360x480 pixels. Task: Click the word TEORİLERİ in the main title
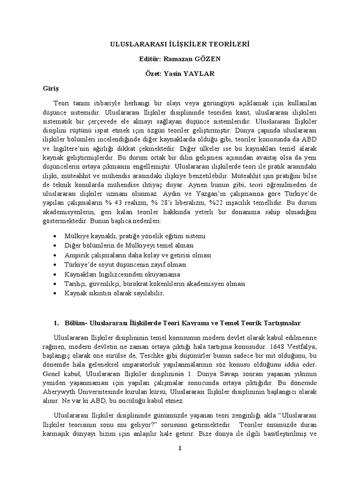[230, 45]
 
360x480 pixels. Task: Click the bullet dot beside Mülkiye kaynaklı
[56, 236]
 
